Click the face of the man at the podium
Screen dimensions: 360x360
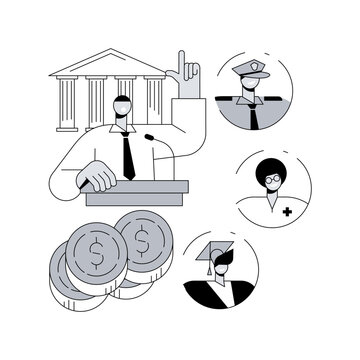(x=123, y=110)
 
